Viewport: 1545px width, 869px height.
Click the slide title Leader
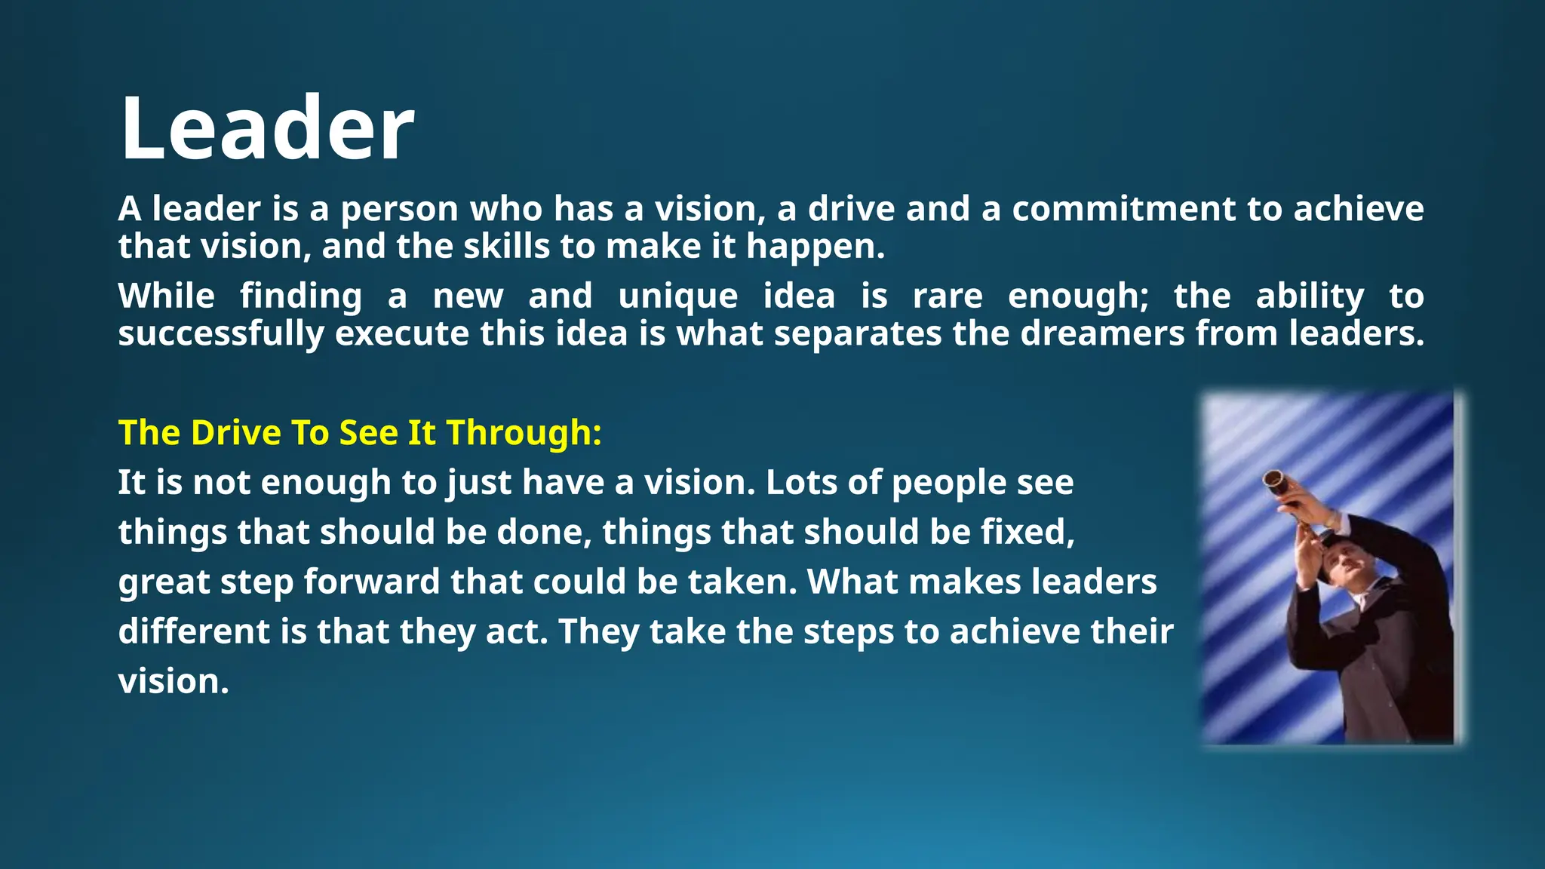[267, 128]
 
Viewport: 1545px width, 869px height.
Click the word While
[166, 296]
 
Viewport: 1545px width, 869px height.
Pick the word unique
[677, 296]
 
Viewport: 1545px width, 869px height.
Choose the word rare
[948, 296]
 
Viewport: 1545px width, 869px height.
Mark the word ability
[1310, 296]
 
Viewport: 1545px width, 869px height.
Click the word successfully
[221, 333]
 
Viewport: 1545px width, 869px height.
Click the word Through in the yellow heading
[524, 433]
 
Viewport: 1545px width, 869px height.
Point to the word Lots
[800, 483]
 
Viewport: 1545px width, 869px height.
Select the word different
[194, 631]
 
